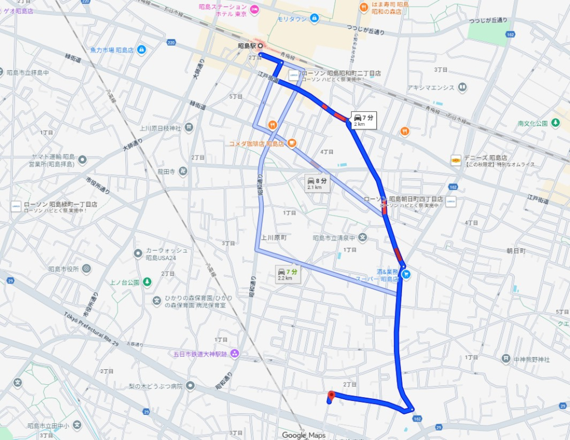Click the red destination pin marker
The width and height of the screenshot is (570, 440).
331,395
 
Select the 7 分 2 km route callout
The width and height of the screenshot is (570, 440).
363,120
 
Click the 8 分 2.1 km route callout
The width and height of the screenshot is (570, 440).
317,184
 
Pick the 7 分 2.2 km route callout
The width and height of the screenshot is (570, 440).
288,274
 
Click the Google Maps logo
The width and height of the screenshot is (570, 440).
303,435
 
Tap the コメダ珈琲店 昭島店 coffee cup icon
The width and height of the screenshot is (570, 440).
292,143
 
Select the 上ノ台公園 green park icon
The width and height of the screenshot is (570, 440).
147,282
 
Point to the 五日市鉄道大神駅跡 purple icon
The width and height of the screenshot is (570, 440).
234,353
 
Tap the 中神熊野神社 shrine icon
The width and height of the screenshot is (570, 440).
506,358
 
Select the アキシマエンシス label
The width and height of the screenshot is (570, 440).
430,87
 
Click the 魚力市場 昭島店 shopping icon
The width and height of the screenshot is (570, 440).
141,50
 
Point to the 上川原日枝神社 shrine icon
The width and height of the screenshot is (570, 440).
189,128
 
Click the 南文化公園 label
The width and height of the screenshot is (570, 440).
533,123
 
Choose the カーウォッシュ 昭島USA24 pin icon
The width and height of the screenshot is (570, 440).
138,253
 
